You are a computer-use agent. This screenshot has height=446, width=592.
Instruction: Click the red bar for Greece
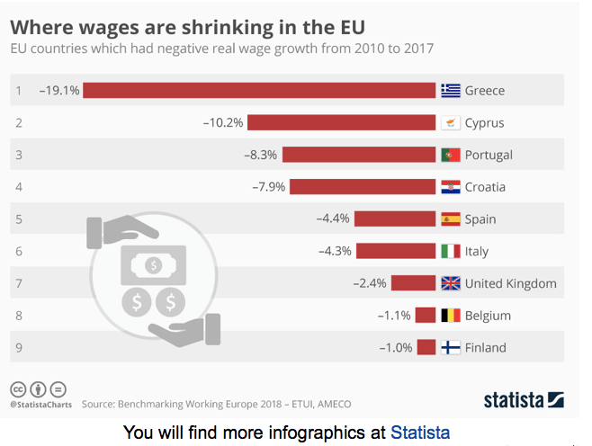[x=259, y=90]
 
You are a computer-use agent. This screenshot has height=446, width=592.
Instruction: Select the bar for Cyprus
[x=341, y=122]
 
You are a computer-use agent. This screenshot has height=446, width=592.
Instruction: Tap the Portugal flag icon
[x=451, y=155]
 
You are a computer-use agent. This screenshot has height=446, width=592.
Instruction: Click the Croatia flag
[x=451, y=187]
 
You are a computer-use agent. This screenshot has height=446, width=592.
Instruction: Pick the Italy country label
[x=477, y=252]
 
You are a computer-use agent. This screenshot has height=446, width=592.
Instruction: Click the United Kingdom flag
[x=451, y=283]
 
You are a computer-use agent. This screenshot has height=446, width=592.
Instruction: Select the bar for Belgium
[x=425, y=316]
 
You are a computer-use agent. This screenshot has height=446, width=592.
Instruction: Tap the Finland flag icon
[x=451, y=348]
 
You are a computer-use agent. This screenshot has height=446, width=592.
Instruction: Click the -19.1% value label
[x=59, y=90]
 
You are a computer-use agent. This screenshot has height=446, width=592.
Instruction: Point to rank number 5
[x=18, y=219]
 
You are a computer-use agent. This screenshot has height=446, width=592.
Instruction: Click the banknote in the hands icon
[x=154, y=265]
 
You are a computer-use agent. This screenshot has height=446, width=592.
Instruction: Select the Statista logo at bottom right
[x=524, y=399]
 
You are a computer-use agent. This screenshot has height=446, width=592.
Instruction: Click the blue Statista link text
[x=420, y=432]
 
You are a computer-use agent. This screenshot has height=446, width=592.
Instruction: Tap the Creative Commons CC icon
[x=17, y=389]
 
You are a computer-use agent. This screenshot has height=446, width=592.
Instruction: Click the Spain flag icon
[x=451, y=219]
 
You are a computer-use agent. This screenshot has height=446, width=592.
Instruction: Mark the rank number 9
[x=18, y=348]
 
